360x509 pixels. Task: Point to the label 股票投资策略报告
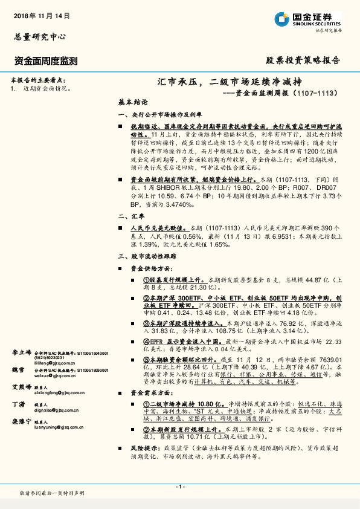click(x=303, y=60)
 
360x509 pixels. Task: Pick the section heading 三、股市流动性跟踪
click(x=149, y=257)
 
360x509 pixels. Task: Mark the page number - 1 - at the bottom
click(x=179, y=487)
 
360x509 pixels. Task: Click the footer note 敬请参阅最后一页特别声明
click(x=52, y=494)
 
